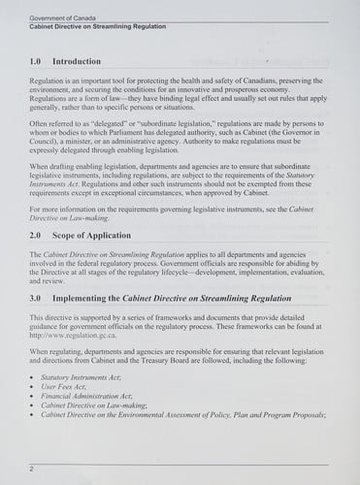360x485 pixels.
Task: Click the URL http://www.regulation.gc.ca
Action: coord(75,335)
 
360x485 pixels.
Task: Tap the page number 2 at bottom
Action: coord(32,468)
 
